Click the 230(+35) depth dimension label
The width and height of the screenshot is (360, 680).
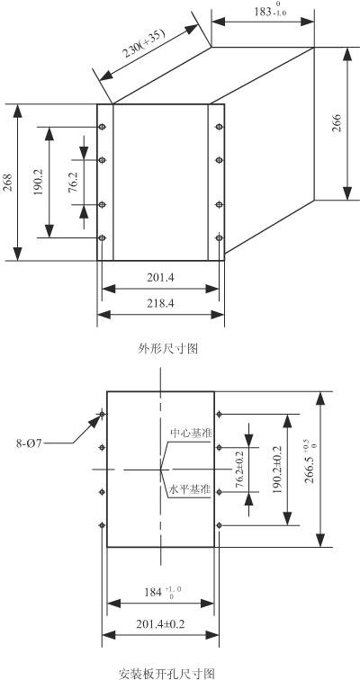[x=144, y=44]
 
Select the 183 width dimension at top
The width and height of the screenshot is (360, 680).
[x=270, y=12]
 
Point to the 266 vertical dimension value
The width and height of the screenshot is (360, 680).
[x=337, y=122]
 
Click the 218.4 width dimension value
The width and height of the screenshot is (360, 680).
[x=160, y=304]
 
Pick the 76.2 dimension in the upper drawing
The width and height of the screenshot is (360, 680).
[x=73, y=182]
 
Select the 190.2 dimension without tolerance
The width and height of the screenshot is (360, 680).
[x=38, y=182]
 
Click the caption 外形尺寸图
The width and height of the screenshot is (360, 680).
[x=168, y=348]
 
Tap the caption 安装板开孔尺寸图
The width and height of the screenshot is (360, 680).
[x=166, y=674]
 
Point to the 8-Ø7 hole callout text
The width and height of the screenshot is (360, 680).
[x=29, y=443]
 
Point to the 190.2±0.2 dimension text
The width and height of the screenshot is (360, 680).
[x=277, y=470]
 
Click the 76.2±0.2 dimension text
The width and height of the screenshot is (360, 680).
[x=240, y=470]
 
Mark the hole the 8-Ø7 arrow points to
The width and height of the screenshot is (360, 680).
[x=103, y=414]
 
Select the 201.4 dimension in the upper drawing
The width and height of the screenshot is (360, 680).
[x=160, y=278]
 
